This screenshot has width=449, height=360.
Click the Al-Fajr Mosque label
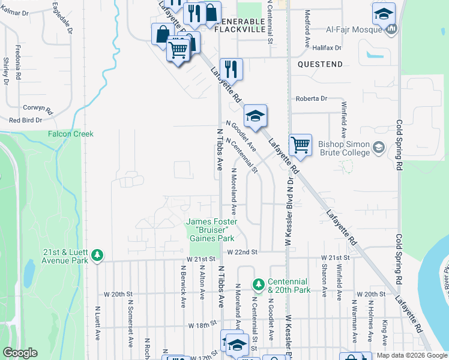click(355, 28)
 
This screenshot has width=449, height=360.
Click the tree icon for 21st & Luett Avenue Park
click(97, 256)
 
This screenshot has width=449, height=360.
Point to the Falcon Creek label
click(71, 134)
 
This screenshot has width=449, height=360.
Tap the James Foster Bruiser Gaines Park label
click(211, 230)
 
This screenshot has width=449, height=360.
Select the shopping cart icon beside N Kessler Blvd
click(300, 145)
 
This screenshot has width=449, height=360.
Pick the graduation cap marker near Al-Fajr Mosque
click(384, 14)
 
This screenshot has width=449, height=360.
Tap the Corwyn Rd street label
click(38, 110)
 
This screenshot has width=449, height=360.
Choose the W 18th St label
click(202, 325)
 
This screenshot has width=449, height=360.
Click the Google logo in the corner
click(20, 352)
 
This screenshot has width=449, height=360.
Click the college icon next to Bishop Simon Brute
click(378, 146)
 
